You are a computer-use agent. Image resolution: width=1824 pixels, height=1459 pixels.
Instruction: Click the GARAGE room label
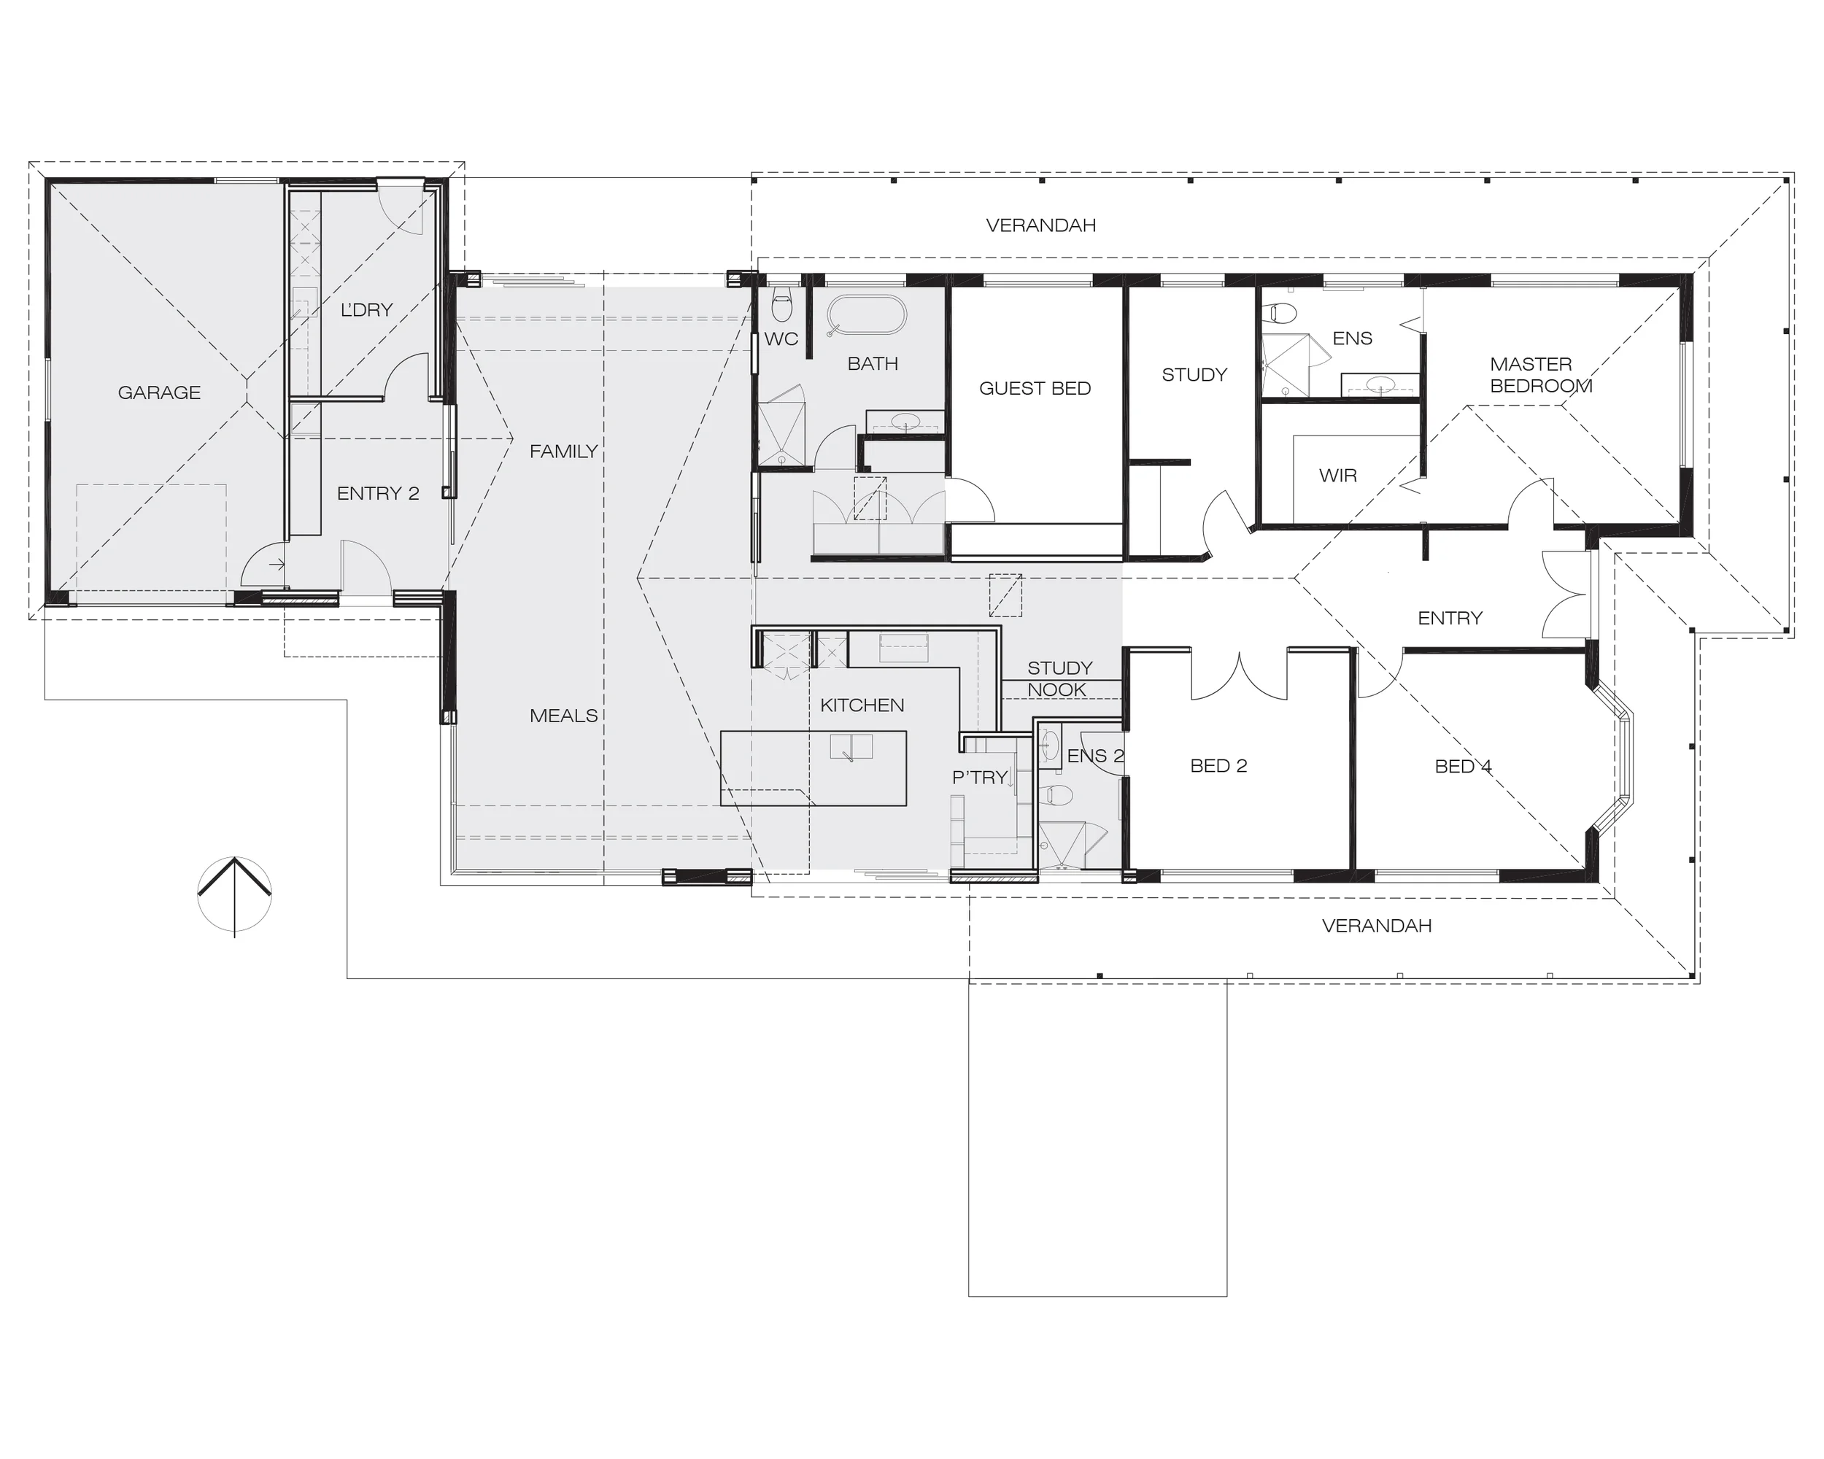(x=159, y=392)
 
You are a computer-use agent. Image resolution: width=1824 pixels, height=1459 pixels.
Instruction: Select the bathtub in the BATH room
(x=865, y=315)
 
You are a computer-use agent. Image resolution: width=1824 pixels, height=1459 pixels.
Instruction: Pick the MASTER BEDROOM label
(x=1541, y=376)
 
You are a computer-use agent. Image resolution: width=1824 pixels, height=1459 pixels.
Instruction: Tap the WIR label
(x=1337, y=476)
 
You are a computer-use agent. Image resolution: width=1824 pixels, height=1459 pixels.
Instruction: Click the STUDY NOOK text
(x=1059, y=679)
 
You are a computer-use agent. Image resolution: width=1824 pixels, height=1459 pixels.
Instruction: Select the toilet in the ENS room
(x=1282, y=314)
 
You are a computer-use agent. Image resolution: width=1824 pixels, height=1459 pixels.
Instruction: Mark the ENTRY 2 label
(x=377, y=494)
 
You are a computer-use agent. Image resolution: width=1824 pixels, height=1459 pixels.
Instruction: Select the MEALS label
(x=563, y=716)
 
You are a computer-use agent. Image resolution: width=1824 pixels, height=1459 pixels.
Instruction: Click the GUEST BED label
(x=1035, y=389)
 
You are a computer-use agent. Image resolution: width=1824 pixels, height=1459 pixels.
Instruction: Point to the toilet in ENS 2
(x=1056, y=794)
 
